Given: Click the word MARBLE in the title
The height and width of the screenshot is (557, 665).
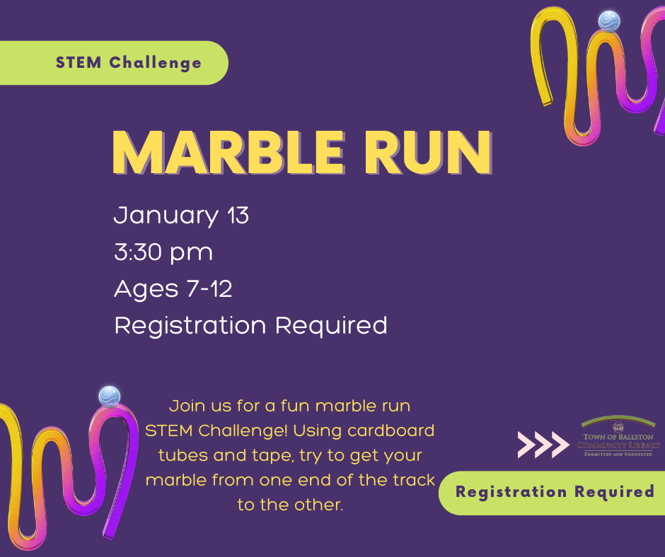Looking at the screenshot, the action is (x=229, y=153).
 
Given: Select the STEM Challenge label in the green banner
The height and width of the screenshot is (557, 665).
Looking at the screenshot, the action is (x=129, y=63).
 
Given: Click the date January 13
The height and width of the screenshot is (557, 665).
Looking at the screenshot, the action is (x=181, y=216).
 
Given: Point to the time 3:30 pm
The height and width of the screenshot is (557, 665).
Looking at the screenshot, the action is (x=163, y=252).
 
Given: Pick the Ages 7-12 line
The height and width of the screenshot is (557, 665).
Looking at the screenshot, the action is (x=173, y=289).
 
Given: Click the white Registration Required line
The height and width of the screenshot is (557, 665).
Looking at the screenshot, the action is (x=250, y=326).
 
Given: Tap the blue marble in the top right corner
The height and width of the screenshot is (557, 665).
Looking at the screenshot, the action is (x=609, y=21).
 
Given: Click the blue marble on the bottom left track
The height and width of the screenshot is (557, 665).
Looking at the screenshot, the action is (x=110, y=397).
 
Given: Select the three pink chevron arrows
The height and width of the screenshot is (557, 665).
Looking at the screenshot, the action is (x=543, y=445).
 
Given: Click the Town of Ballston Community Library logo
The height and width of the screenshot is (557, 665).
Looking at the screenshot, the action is (x=618, y=436).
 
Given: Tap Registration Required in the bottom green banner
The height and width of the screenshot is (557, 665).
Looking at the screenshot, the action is (x=555, y=492).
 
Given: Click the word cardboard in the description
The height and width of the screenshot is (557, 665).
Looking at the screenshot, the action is (x=391, y=430).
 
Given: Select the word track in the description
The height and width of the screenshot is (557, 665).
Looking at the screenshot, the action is (x=414, y=480).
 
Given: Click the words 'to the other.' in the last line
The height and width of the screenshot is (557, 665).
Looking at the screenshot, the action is (x=290, y=505).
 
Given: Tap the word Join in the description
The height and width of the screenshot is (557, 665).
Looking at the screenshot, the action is (x=182, y=406).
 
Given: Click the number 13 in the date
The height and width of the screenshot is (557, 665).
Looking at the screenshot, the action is (x=238, y=215).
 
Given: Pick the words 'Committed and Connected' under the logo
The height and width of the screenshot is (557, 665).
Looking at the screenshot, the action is (x=618, y=454).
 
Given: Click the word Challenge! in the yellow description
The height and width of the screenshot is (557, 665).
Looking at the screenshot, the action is (x=243, y=430).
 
